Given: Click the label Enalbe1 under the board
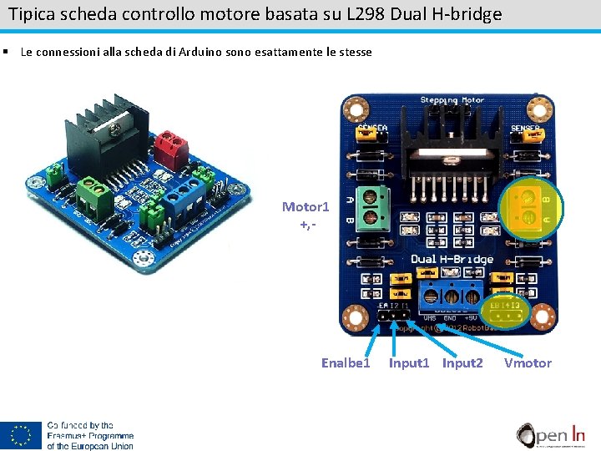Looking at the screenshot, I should click(345, 362).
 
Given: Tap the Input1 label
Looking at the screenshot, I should click(409, 362).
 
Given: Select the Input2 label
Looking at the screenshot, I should click(462, 362).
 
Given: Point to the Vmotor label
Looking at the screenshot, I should click(528, 362).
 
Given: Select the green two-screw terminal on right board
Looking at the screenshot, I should click(379, 205).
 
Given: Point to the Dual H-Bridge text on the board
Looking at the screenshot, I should click(451, 259).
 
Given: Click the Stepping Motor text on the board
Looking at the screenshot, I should click(451, 101).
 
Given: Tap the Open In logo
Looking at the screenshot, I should click(551, 434).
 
